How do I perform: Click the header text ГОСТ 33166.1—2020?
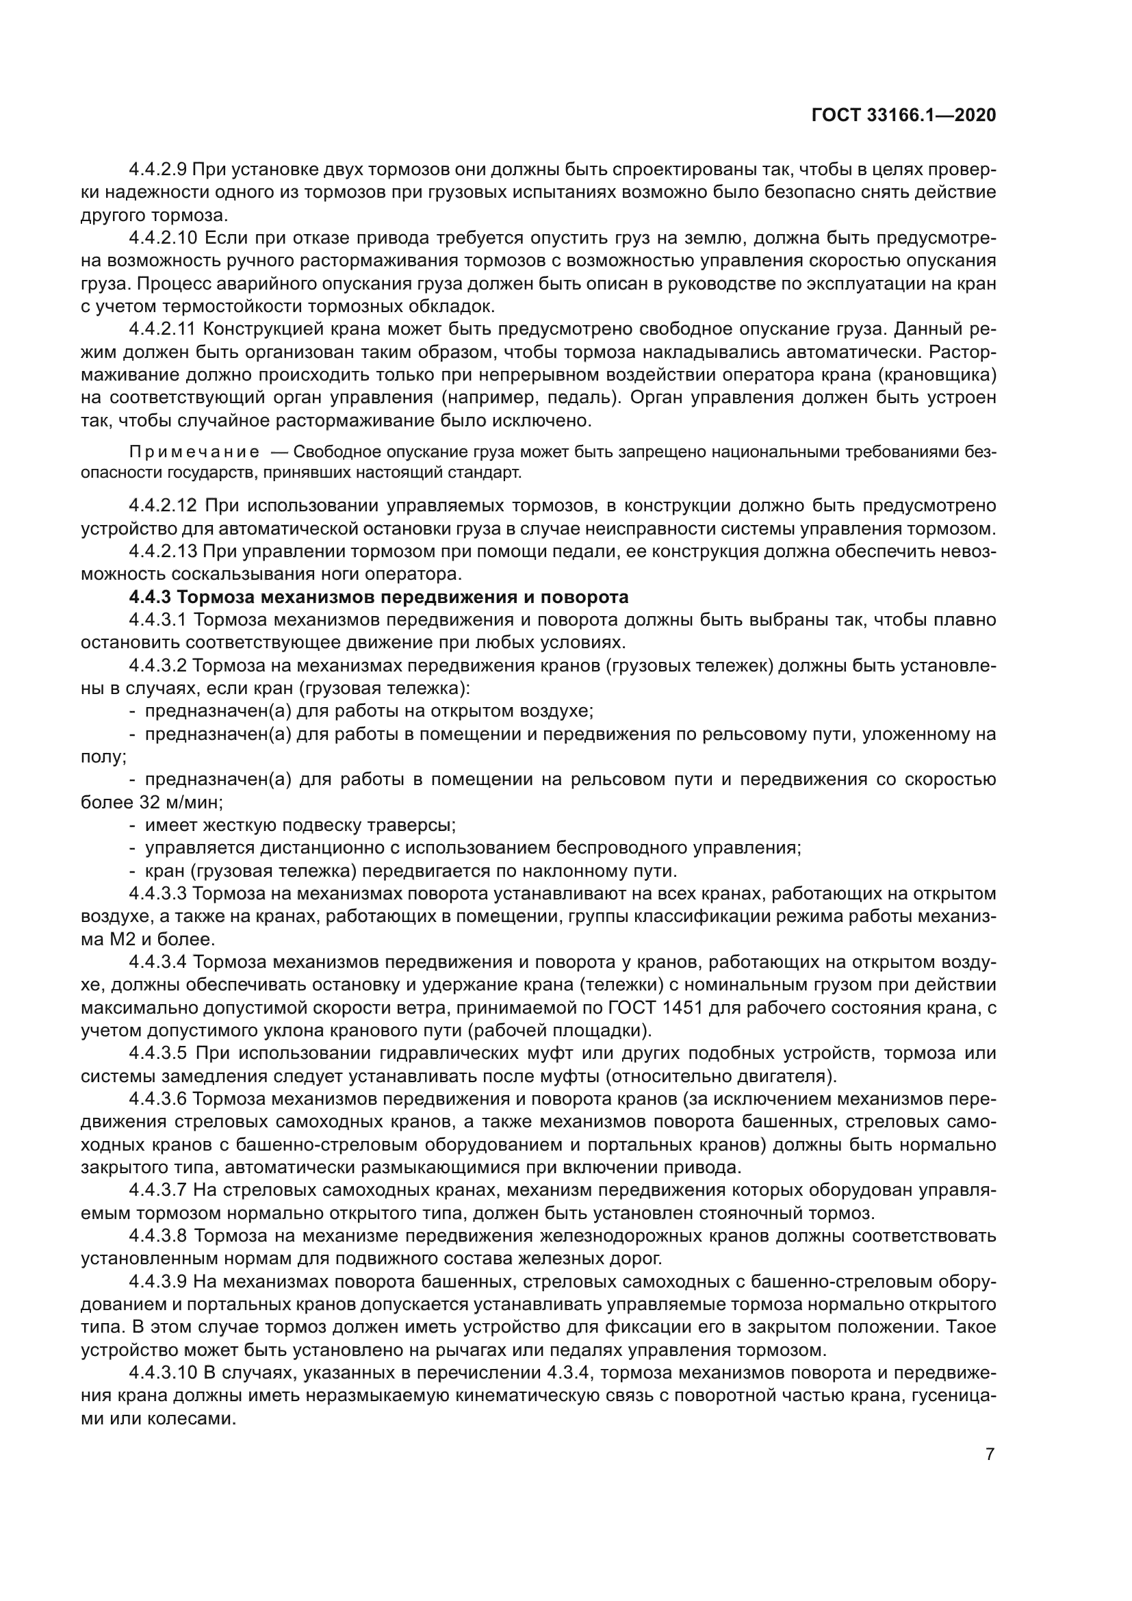903,115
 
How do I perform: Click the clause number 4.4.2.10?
163,238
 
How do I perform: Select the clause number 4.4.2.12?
163,505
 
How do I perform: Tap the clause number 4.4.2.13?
163,551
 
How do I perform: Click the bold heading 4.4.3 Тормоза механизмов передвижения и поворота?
378,597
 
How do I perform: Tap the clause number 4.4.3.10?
163,1373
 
